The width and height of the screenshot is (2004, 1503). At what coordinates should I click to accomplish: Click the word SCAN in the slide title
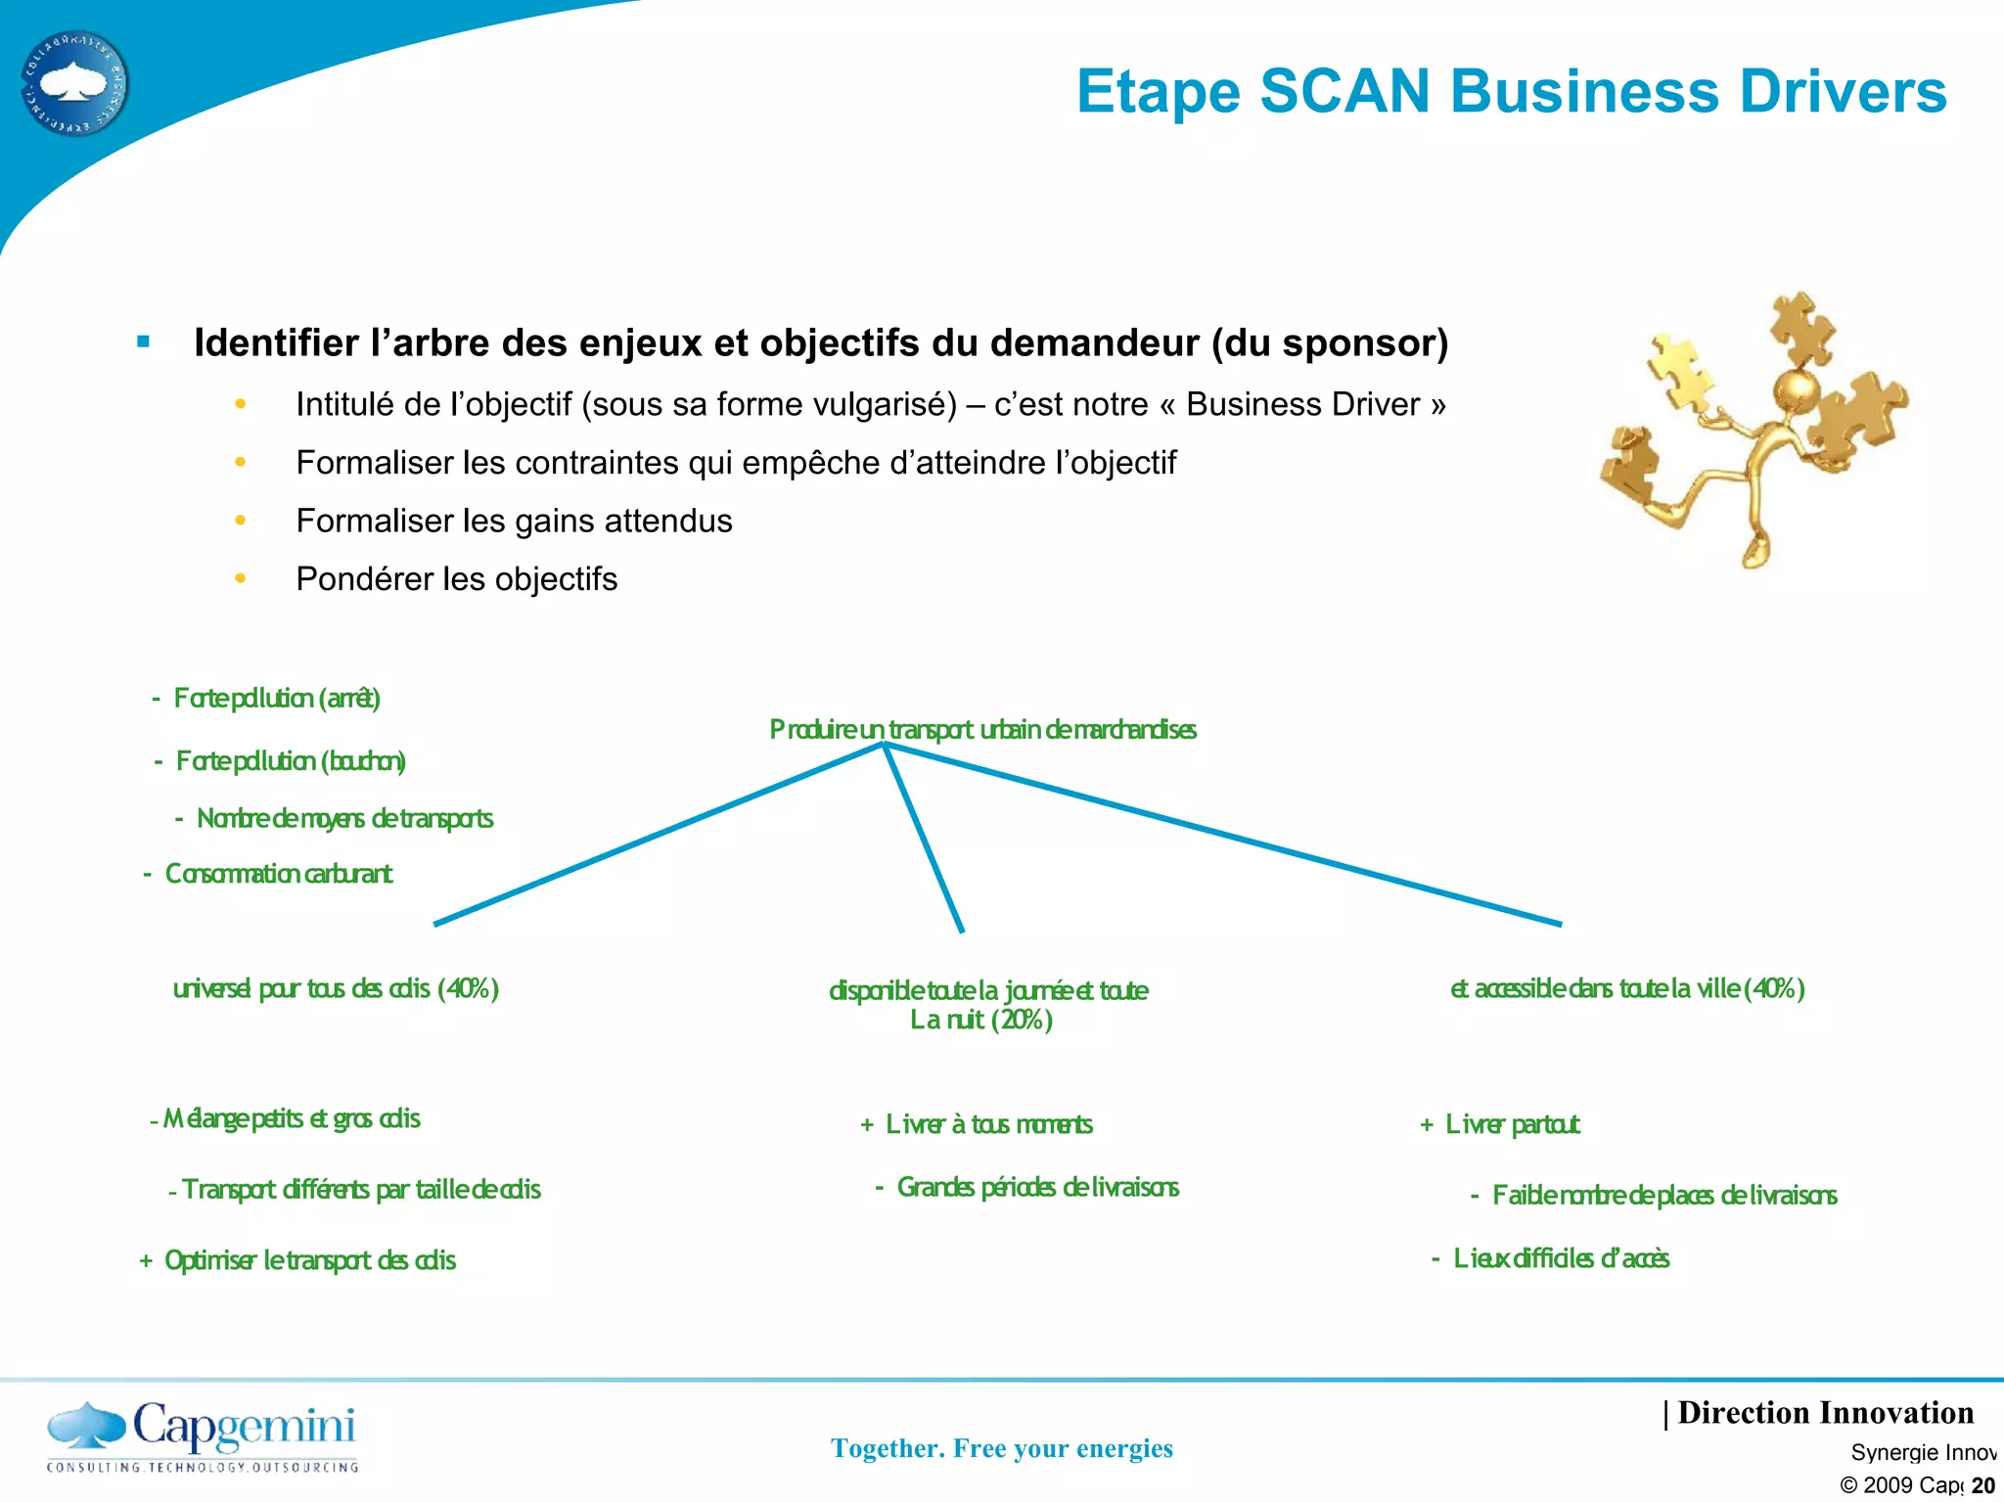(1344, 92)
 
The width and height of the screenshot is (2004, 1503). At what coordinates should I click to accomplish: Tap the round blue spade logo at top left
(74, 83)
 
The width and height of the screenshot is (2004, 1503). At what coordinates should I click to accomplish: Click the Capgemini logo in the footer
(203, 1435)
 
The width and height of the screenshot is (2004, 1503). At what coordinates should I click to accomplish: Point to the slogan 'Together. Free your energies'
(1001, 1448)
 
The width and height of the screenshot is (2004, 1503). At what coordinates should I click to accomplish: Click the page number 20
(1982, 1485)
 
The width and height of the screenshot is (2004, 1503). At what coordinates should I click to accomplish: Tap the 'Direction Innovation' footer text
(1824, 1413)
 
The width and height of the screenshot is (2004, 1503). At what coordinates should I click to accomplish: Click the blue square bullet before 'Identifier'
(144, 342)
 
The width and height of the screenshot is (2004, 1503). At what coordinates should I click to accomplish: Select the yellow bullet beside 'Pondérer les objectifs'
(241, 579)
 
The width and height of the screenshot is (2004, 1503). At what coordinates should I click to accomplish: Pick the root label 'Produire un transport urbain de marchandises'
(982, 730)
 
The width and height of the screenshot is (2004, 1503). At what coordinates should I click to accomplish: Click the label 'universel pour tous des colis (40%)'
(336, 989)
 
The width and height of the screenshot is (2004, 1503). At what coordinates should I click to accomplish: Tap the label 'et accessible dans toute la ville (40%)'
(1626, 989)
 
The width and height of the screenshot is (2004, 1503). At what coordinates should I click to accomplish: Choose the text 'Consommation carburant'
(278, 874)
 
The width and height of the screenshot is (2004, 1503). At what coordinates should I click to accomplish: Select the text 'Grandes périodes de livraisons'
(1037, 1188)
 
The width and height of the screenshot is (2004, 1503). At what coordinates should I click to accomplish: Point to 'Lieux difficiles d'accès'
(1561, 1258)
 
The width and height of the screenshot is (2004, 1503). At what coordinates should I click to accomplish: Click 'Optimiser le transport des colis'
(309, 1260)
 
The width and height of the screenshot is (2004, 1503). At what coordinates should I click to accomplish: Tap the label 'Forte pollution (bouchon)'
(290, 761)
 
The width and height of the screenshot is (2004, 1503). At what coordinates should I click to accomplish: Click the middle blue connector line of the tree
(924, 837)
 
